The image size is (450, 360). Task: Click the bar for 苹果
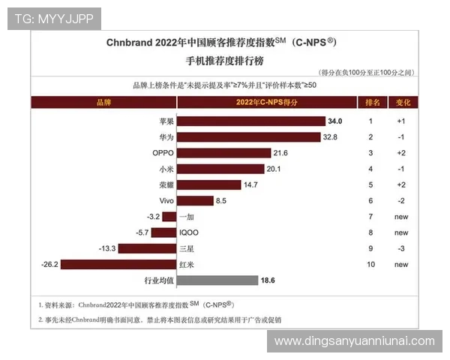pos(251,121)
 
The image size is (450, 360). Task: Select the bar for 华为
pos(248,137)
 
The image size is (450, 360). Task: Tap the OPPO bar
pos(223,153)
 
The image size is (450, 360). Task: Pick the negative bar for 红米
pos(118,264)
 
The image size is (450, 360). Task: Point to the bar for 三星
pos(148,248)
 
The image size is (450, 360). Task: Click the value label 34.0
pos(336,121)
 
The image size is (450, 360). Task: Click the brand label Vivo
pos(166,201)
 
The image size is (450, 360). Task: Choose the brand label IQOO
pos(189,232)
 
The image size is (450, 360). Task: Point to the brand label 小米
pos(166,169)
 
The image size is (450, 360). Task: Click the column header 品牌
pos(103,101)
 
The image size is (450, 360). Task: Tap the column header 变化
pos(402,101)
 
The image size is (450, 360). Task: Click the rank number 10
pos(370,264)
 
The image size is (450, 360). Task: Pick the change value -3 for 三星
pos(402,248)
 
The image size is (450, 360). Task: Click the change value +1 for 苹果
pos(402,121)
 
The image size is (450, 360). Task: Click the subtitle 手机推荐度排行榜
pos(224,58)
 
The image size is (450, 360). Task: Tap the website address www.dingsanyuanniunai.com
pos(354,341)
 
